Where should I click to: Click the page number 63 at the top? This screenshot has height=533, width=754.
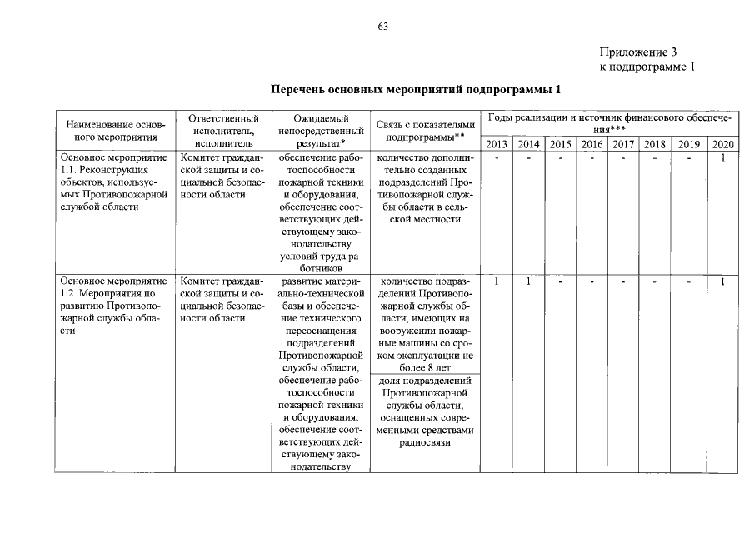pos(382,27)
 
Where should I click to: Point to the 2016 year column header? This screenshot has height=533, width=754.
pos(592,144)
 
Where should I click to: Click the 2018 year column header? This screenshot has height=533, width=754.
pos(655,144)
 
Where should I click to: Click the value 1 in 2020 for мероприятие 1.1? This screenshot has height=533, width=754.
pos(723,157)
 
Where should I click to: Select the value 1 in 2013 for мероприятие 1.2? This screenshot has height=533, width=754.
pos(496,282)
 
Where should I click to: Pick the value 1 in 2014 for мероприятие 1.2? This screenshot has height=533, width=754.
pos(527,282)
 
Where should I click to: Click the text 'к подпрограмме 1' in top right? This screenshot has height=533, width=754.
pos(647,67)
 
